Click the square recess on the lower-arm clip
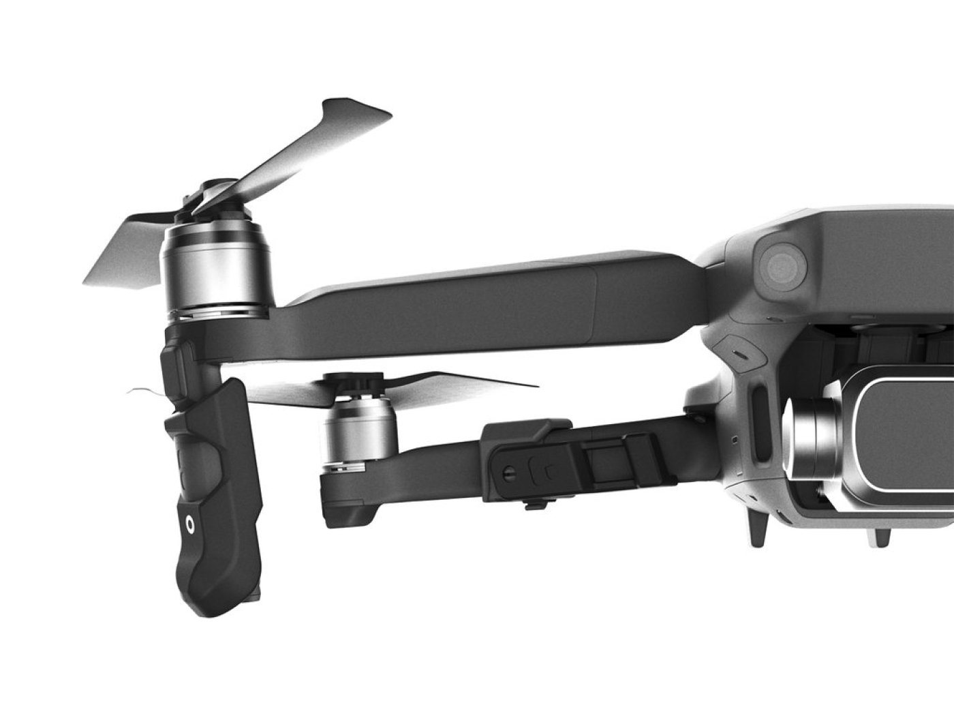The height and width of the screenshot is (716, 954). tap(602, 464)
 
